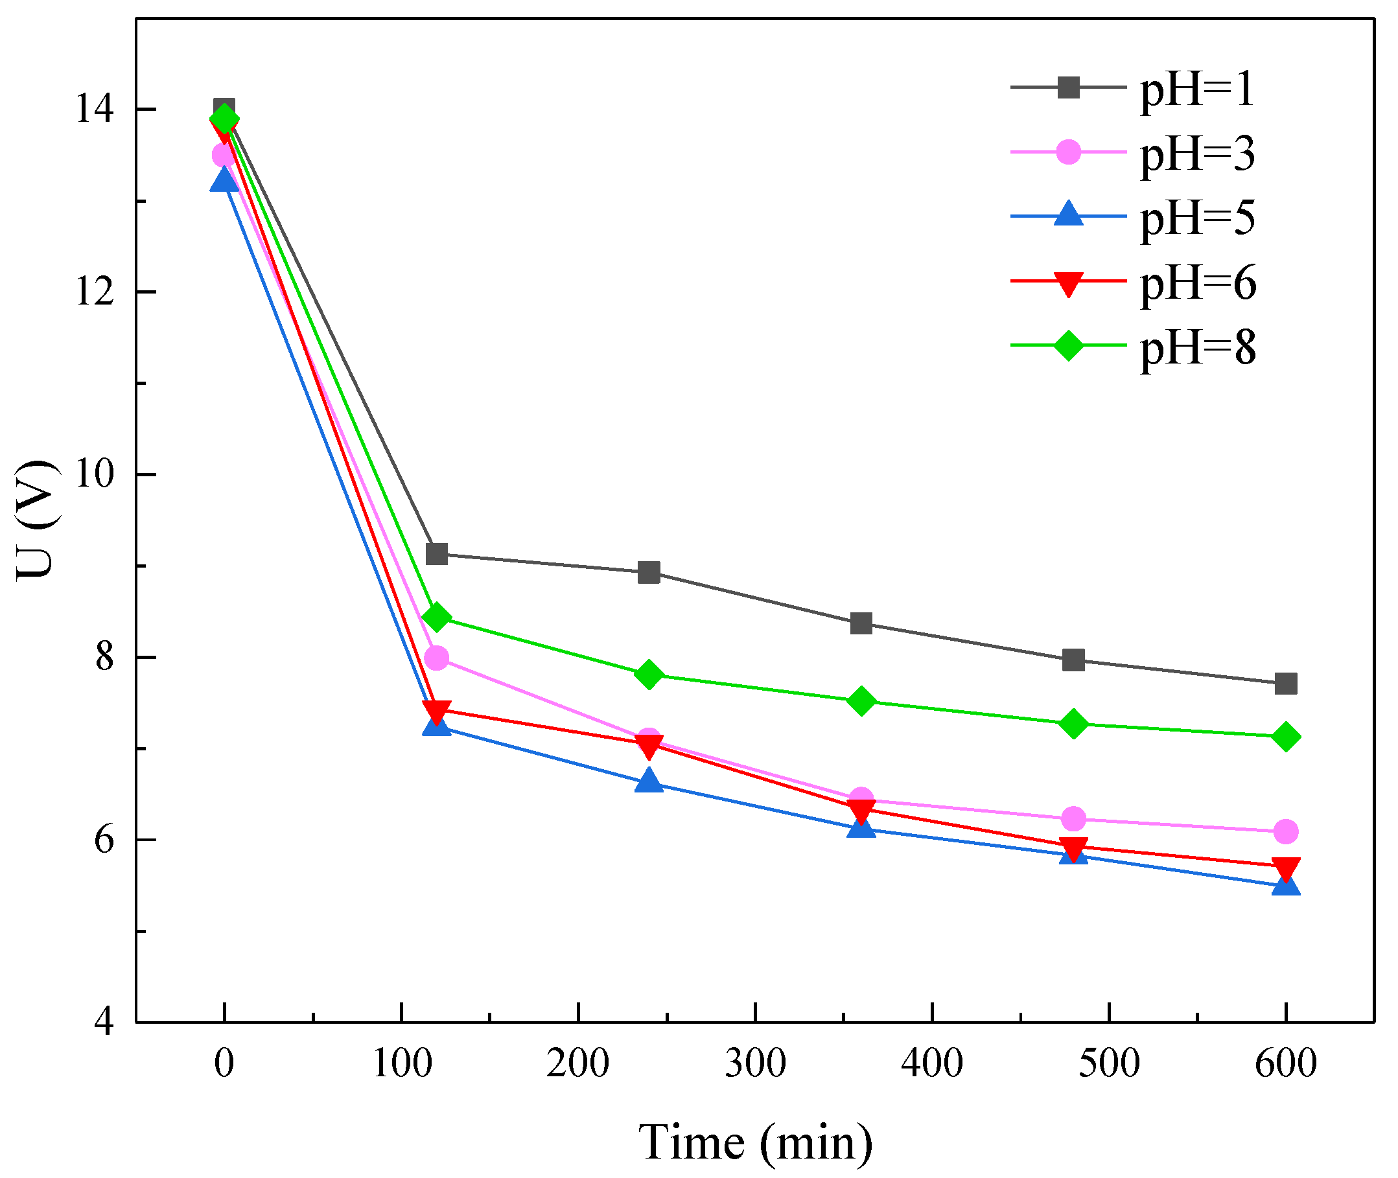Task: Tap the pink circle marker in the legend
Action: (x=1068, y=152)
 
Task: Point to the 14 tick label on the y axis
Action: (x=94, y=109)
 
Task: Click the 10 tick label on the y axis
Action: (x=94, y=475)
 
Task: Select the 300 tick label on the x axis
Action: (x=755, y=1063)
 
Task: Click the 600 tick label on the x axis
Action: (x=1285, y=1063)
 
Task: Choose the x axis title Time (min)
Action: (x=755, y=1143)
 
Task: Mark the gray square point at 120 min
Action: (x=437, y=553)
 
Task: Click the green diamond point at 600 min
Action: (x=1286, y=737)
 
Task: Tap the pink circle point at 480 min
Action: (x=1073, y=819)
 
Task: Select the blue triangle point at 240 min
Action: (x=649, y=781)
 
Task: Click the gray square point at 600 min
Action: (x=1286, y=684)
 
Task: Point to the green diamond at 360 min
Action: (x=861, y=701)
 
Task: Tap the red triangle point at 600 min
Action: (x=1286, y=868)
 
